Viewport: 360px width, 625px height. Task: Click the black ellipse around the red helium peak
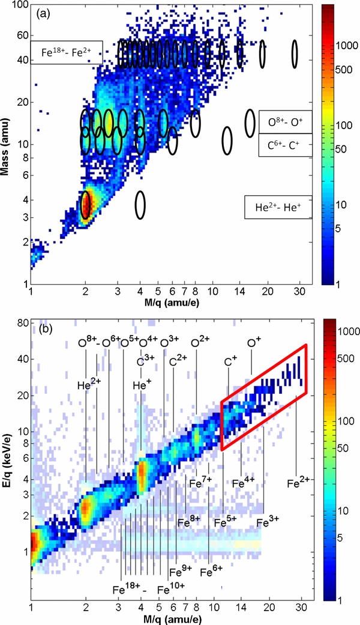tap(86, 204)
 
